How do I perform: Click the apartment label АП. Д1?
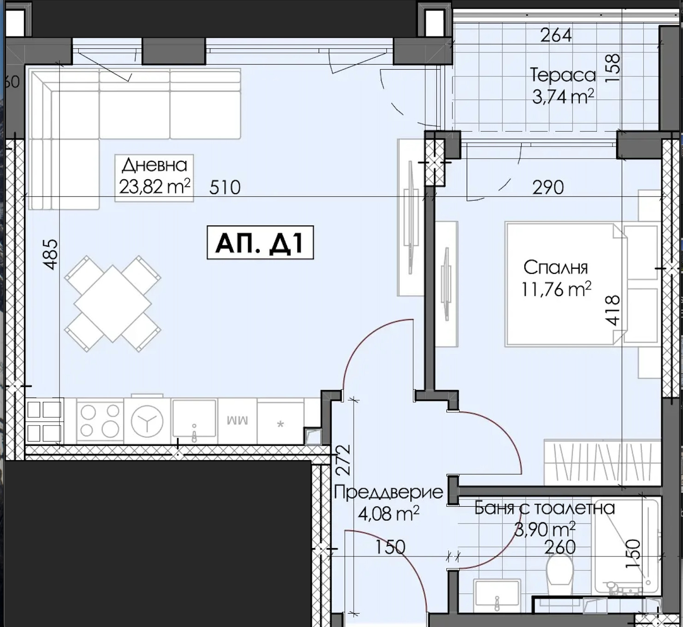point(260,243)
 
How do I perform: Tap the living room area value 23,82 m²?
point(154,187)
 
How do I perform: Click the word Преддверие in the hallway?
point(388,492)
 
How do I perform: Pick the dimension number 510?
point(225,187)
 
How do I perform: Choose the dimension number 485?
point(51,254)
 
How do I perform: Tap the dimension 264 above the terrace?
point(556,35)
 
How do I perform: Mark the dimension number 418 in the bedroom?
point(612,310)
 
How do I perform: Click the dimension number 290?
point(548,187)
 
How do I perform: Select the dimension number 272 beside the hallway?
point(343,460)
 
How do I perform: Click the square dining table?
point(113,304)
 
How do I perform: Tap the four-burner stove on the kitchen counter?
point(100,421)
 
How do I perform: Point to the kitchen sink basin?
point(194,418)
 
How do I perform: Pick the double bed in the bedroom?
point(566,284)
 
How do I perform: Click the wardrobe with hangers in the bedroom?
point(602,462)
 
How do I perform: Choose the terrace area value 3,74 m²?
point(563,97)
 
